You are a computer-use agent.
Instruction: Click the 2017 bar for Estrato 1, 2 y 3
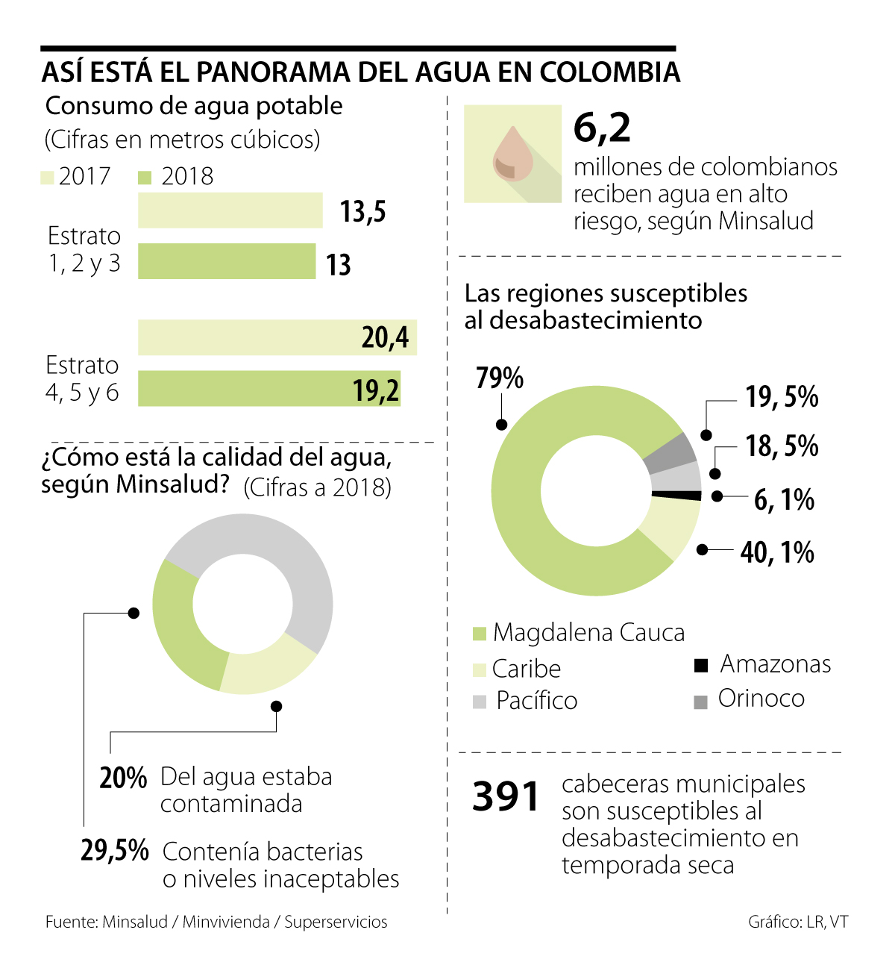230,210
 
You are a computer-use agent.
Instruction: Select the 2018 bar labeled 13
227,261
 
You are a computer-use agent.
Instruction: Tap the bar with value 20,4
277,337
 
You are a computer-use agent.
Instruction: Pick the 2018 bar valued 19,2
269,389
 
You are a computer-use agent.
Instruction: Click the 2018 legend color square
145,178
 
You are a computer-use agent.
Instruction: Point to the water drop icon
512,154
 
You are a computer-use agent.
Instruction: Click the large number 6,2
602,128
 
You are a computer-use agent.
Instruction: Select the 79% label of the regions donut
499,378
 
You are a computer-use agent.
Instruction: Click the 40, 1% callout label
776,552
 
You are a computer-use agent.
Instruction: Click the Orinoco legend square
700,702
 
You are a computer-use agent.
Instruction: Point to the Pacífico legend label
536,701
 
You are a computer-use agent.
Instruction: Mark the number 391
506,796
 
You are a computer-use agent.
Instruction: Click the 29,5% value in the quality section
115,850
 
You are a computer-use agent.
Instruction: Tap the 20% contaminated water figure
123,778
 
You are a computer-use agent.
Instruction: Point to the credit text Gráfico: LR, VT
798,922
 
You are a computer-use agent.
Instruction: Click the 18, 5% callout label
782,446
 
